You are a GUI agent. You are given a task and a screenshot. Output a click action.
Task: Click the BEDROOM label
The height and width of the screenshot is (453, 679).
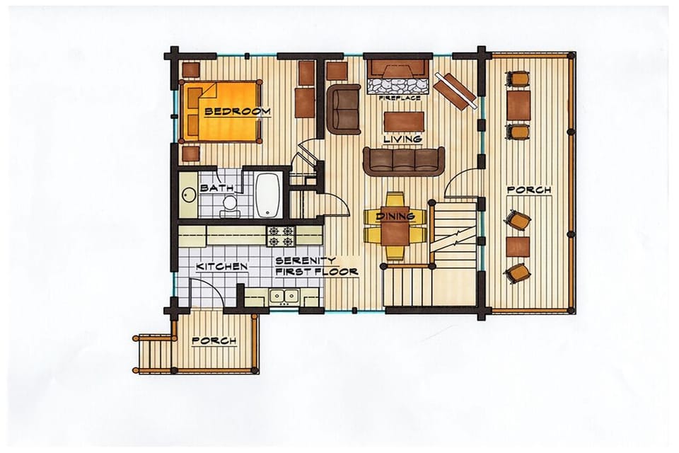coord(238,111)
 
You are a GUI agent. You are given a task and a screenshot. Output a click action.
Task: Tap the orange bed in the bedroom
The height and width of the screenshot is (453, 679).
coord(221,111)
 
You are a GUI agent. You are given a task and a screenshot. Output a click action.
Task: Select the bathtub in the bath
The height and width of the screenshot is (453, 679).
coord(267,195)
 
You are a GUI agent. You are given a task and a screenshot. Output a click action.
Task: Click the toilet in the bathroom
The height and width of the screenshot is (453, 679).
coord(228,205)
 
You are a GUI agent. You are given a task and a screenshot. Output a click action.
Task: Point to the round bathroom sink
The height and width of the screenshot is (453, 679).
coord(187,195)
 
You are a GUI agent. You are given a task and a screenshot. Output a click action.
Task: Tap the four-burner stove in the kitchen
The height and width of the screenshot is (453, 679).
coord(280,236)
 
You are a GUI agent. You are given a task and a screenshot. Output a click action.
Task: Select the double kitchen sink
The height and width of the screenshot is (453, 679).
coord(284,296)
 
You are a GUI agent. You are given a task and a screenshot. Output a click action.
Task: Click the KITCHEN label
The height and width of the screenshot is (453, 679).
coord(221,267)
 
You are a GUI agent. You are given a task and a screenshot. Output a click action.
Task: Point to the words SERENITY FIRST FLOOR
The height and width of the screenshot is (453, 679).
coord(317,266)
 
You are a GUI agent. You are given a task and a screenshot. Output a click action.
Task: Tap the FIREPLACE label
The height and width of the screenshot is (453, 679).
coord(399,98)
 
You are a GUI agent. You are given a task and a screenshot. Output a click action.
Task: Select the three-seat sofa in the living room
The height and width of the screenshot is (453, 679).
coord(404,161)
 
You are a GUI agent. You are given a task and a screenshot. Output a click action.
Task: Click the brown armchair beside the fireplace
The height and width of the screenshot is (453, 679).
coord(344,109)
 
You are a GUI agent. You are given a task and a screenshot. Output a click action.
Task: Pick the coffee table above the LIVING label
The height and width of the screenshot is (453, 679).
coord(404,121)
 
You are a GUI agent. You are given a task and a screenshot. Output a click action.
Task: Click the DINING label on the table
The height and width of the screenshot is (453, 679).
coord(395,216)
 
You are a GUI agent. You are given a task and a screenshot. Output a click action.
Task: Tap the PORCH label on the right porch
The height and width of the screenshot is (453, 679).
coord(529,190)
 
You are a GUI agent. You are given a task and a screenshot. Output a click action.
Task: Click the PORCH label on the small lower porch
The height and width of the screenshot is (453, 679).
coord(214,340)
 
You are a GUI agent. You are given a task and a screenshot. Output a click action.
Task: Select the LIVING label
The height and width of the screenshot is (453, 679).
coord(402,139)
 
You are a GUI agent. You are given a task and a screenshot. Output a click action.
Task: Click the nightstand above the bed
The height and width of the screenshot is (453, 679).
coord(190,69)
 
